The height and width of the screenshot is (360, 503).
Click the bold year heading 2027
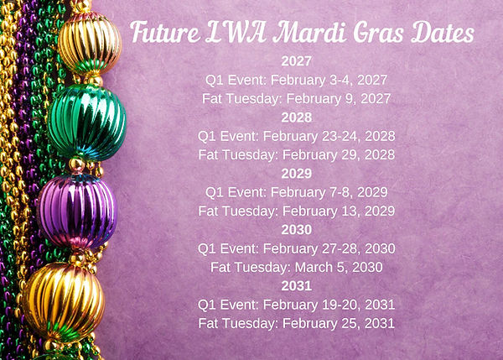pos(297,61)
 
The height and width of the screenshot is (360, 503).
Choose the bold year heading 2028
pos(297,117)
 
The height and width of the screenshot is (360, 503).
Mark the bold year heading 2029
pos(297,173)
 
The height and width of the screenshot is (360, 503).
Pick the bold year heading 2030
pos(297,229)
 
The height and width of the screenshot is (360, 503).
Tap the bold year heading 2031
pos(297,285)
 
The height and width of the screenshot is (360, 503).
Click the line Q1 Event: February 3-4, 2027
pos(297,80)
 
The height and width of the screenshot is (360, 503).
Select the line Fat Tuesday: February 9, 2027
pos(297,98)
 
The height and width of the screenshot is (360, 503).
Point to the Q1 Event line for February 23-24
pos(297,135)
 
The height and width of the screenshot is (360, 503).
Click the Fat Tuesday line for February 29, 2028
pos(297,154)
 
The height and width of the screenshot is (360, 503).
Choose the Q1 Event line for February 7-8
pos(297,191)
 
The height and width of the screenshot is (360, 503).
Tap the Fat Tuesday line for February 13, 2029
pos(297,211)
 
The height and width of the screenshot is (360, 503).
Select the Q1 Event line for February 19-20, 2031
pos(297,304)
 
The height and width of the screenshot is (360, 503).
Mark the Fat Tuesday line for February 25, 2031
pos(297,323)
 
